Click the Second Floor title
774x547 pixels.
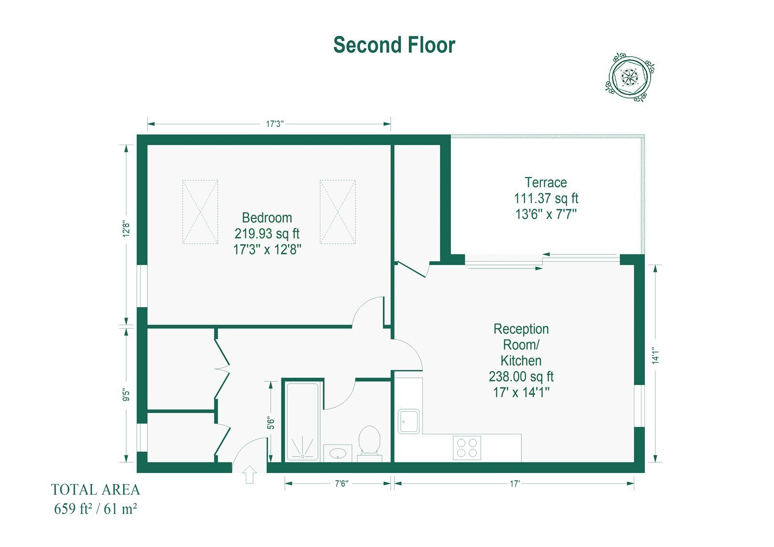(394, 45)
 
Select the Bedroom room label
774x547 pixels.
(267, 218)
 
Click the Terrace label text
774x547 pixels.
(546, 182)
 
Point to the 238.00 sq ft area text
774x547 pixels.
(521, 376)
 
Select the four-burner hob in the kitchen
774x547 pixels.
(467, 448)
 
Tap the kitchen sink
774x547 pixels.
(408, 421)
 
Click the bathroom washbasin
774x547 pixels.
(338, 453)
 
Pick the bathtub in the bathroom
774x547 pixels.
(302, 422)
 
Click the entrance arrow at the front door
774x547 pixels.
(250, 474)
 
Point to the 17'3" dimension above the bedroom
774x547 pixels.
(275, 124)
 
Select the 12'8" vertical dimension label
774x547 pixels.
(126, 229)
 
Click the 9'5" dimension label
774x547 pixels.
(126, 395)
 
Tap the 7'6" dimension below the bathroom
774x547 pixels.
(342, 484)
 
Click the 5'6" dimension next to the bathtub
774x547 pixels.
(270, 423)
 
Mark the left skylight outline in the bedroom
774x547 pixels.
(200, 212)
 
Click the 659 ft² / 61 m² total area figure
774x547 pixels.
(95, 509)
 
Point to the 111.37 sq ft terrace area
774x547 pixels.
(546, 198)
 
